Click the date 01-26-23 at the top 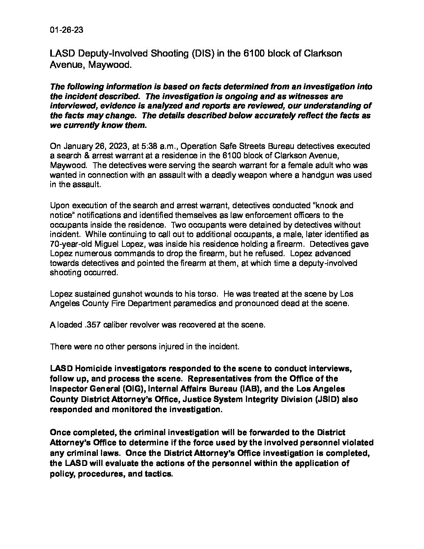(67, 30)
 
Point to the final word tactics (157, 474)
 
